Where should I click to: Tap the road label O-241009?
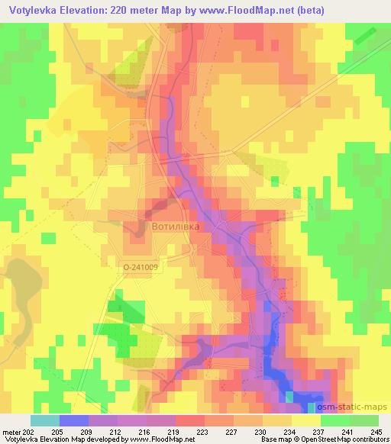click(x=140, y=267)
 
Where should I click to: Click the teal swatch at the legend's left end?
click(x=44, y=420)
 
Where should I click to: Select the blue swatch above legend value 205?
click(x=73, y=420)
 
